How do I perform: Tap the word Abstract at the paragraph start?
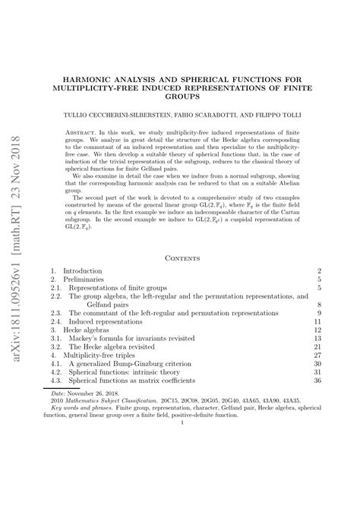[x=81, y=131]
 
